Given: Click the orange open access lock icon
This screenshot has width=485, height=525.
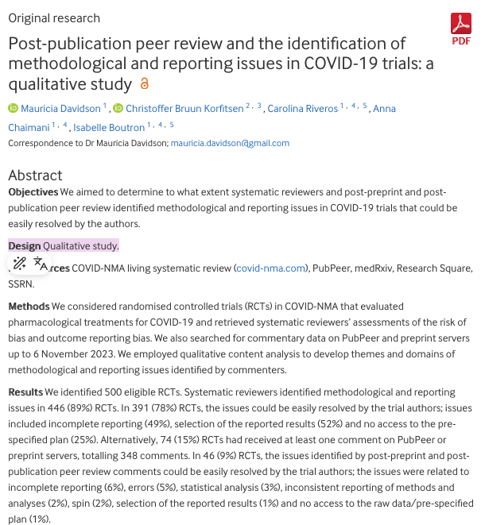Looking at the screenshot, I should [x=144, y=84].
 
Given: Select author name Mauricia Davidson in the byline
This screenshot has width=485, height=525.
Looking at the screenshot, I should [x=60, y=109].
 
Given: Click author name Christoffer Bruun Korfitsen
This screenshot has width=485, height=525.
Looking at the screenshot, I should [x=184, y=109].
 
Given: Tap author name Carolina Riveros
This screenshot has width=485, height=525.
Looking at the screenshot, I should [x=302, y=109].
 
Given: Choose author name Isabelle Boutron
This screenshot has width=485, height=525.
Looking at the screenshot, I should [x=109, y=127].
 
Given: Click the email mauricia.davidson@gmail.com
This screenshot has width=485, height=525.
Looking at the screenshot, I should [x=231, y=144].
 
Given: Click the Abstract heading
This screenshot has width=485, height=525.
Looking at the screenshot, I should [x=35, y=175].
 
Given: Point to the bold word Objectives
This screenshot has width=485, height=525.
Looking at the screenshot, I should [x=33, y=192].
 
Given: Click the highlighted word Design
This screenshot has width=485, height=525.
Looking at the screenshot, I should [x=24, y=246].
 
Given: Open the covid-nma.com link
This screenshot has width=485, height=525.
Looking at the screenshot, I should [x=271, y=268].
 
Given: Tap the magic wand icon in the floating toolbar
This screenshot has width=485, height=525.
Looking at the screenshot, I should [x=20, y=264].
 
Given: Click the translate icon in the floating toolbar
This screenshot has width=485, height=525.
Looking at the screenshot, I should [x=40, y=264].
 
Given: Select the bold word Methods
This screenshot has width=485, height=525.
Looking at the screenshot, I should [x=29, y=307].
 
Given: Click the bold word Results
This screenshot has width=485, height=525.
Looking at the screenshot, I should [x=26, y=393].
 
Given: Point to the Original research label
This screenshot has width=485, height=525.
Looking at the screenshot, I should [x=54, y=18].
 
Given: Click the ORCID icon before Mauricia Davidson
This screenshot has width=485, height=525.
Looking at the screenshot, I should [x=13, y=109].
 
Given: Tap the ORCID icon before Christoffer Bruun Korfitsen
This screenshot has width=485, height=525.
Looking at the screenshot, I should [x=118, y=109].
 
